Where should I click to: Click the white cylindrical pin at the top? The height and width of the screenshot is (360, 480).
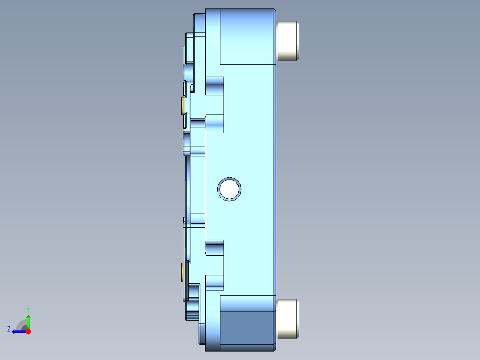pyautogui.click(x=288, y=41)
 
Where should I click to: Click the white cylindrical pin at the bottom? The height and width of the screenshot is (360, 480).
pyautogui.click(x=288, y=318)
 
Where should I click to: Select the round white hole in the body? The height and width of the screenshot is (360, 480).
pyautogui.click(x=230, y=189)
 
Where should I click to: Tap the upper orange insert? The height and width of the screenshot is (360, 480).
pyautogui.click(x=182, y=106)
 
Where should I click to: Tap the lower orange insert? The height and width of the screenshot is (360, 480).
pyautogui.click(x=182, y=272)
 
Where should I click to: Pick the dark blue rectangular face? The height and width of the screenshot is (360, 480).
pyautogui.click(x=247, y=327)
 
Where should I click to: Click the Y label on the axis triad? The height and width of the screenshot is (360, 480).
pyautogui.click(x=28, y=309)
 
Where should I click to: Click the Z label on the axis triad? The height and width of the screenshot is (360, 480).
pyautogui.click(x=9, y=329)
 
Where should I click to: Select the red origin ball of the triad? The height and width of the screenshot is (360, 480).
pyautogui.click(x=28, y=331)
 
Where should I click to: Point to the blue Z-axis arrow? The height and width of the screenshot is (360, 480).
pyautogui.click(x=19, y=331)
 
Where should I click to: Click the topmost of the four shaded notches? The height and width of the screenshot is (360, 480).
pyautogui.click(x=214, y=85)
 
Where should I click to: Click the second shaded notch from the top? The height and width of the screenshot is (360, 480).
pyautogui.click(x=214, y=123)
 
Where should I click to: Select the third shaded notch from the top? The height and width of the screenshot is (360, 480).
pyautogui.click(x=214, y=247)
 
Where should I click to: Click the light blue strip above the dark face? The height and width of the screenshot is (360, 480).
pyautogui.click(x=247, y=303)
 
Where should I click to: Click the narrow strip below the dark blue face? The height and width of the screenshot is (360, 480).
pyautogui.click(x=247, y=347)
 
